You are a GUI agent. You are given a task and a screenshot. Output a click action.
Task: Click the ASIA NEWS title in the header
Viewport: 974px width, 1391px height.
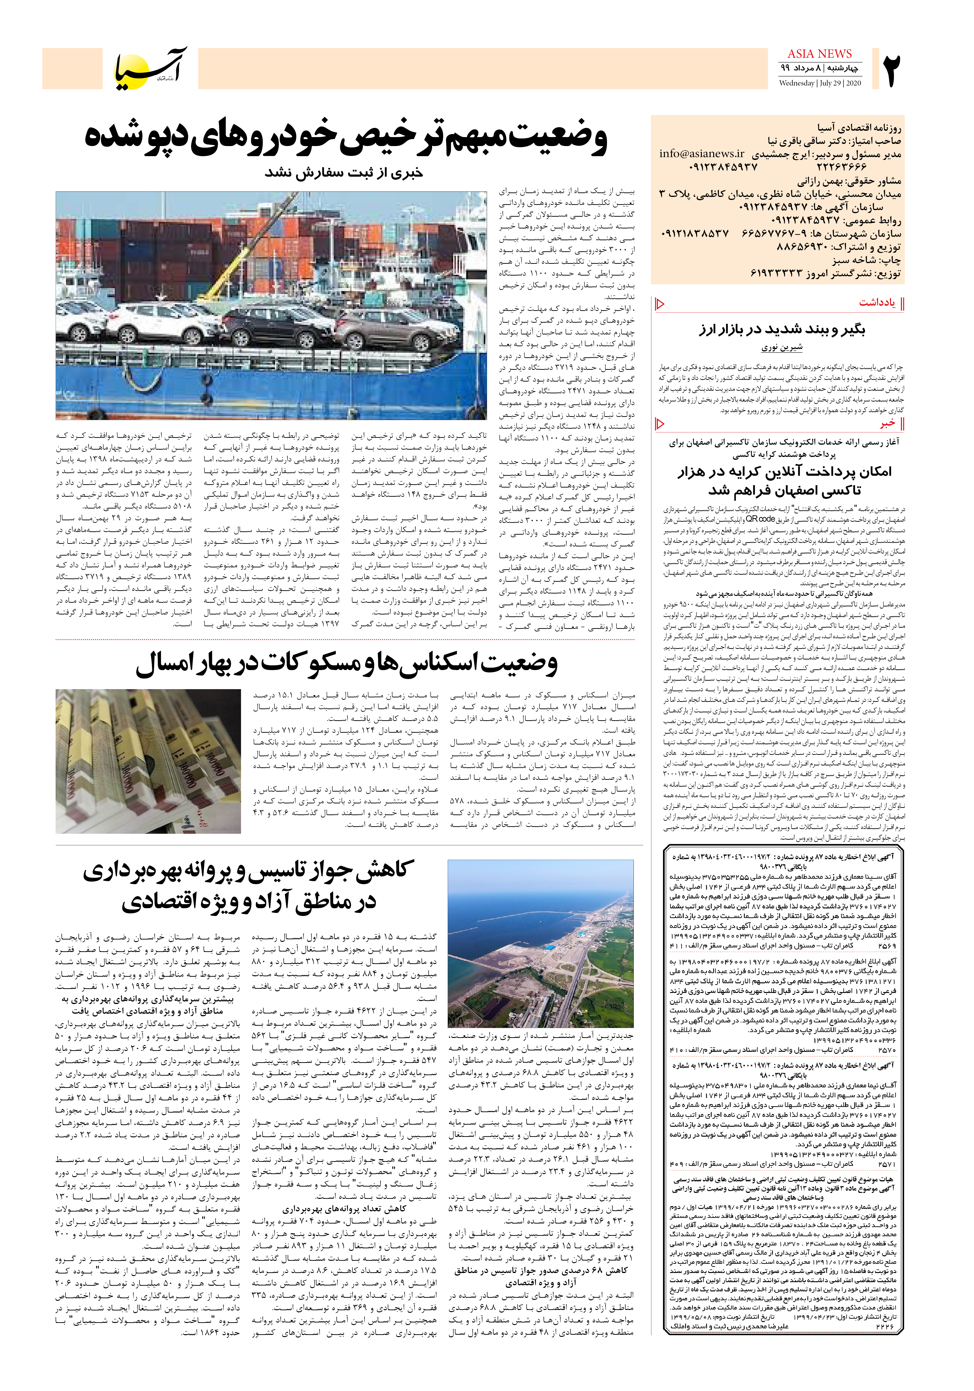[819, 54]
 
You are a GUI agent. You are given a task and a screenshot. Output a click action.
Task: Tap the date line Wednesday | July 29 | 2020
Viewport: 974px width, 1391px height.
[819, 83]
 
